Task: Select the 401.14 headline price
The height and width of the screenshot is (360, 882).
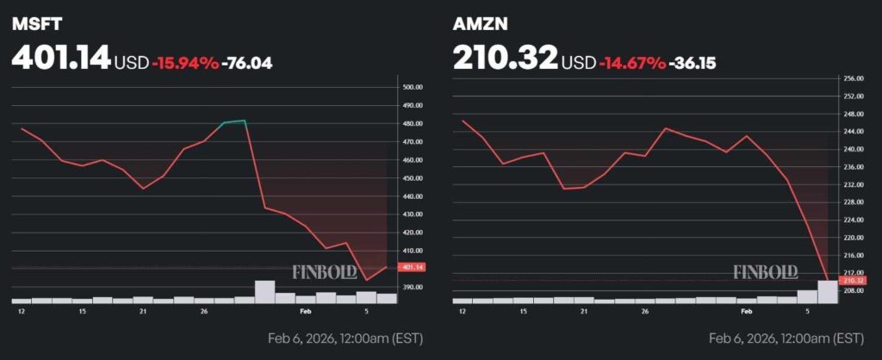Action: [x=61, y=58]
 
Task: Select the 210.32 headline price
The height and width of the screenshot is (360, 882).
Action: [x=505, y=58]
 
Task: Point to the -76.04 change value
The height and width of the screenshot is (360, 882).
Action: [x=247, y=62]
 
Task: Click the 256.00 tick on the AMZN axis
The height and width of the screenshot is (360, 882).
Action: [x=853, y=78]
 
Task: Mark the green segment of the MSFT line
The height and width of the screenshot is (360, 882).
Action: [x=235, y=122]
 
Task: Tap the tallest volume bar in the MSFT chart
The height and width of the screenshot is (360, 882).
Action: [x=265, y=291]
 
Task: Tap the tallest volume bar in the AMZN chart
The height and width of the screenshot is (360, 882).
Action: [x=826, y=291]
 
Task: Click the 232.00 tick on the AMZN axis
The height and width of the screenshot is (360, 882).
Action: [x=853, y=184]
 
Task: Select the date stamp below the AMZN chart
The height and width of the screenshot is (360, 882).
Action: [x=786, y=337]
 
